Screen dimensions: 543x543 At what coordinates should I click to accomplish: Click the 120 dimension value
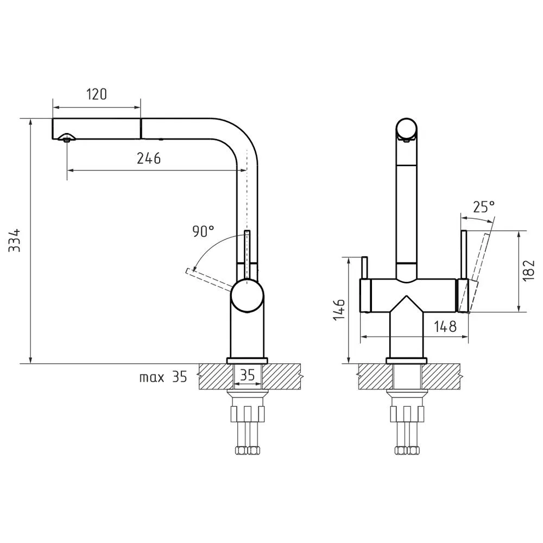pyautogui.click(x=97, y=94)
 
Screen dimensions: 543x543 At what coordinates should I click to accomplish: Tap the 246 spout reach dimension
pyautogui.click(x=149, y=158)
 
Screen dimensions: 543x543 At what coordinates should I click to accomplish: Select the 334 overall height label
pyautogui.click(x=15, y=240)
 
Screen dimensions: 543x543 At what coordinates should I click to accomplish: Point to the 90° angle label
pyautogui.click(x=203, y=231)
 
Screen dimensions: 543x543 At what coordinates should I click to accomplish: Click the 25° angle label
pyautogui.click(x=484, y=207)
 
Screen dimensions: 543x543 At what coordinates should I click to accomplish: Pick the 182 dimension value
pyautogui.click(x=529, y=270)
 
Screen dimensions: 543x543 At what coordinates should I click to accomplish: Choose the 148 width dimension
pyautogui.click(x=445, y=326)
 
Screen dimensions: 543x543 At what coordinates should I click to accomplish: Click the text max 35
pyautogui.click(x=163, y=377)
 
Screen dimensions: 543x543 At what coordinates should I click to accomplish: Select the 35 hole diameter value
pyautogui.click(x=247, y=375)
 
